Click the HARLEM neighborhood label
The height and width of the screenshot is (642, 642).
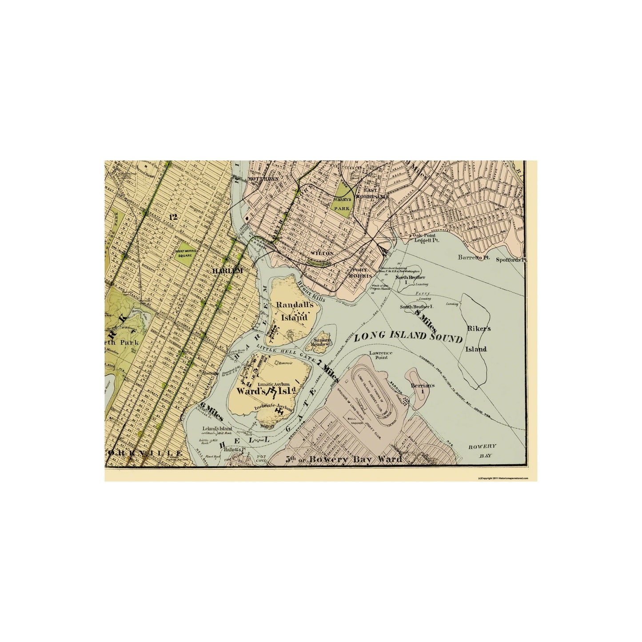tap(228, 270)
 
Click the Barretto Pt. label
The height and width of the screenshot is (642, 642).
tap(474, 258)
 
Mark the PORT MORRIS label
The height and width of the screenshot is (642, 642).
tap(362, 275)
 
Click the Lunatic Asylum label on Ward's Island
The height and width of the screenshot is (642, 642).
tap(274, 384)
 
